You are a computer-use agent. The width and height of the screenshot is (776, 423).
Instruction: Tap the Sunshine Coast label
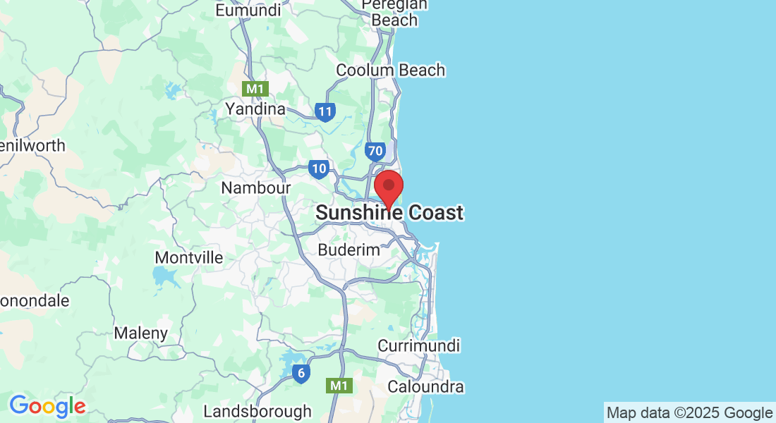tap(389, 212)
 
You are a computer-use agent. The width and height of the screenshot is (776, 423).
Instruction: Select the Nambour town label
tap(256, 188)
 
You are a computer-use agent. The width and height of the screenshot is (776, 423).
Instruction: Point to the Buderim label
tap(349, 250)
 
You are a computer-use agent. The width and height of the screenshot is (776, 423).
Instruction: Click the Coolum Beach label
tap(390, 70)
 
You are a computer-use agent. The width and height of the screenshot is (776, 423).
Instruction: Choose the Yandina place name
tap(255, 109)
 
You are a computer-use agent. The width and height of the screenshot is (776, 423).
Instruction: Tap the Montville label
tap(188, 257)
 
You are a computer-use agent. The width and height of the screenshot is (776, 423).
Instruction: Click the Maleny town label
tap(141, 333)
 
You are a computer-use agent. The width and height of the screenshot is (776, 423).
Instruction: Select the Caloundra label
tap(426, 386)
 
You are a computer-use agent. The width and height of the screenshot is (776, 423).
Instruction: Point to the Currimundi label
tap(419, 345)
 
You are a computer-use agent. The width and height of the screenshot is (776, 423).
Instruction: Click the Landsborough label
tap(257, 410)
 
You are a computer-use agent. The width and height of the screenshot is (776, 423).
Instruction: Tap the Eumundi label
tap(248, 10)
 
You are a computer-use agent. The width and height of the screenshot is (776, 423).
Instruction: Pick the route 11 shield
tap(325, 111)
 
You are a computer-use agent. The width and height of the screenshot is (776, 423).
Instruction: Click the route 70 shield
tap(375, 150)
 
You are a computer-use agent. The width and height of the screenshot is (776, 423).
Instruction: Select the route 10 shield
tap(318, 168)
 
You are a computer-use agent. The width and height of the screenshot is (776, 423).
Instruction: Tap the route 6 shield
tap(301, 374)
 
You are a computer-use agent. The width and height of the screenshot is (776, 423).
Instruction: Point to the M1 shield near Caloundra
tap(339, 386)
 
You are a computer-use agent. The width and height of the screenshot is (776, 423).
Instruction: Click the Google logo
tap(47, 406)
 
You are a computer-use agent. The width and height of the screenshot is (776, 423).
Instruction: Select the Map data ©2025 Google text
tap(689, 412)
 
